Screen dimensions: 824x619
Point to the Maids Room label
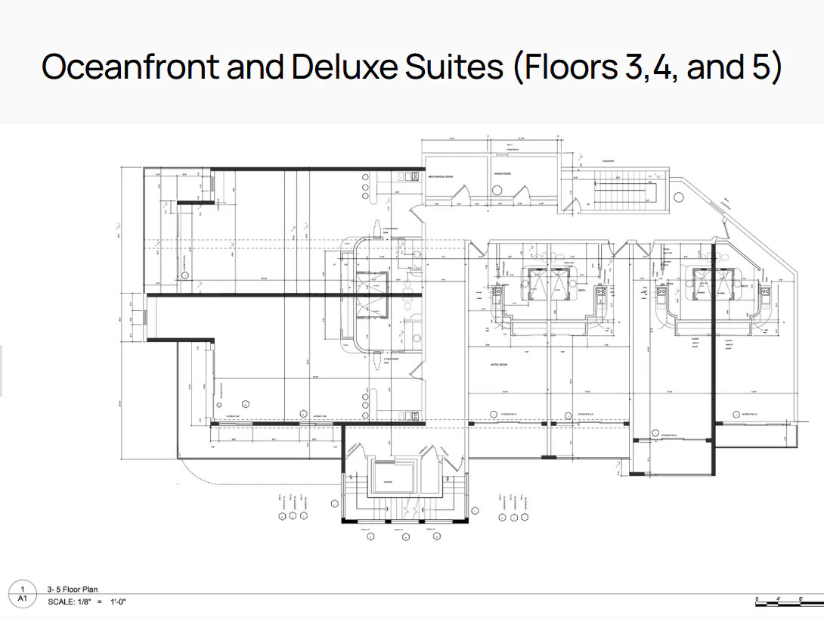505,174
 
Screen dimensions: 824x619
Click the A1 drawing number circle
25,592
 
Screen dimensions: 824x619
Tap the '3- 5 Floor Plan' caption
73,589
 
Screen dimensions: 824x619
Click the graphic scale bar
779,601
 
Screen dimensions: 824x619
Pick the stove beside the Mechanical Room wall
411,177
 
